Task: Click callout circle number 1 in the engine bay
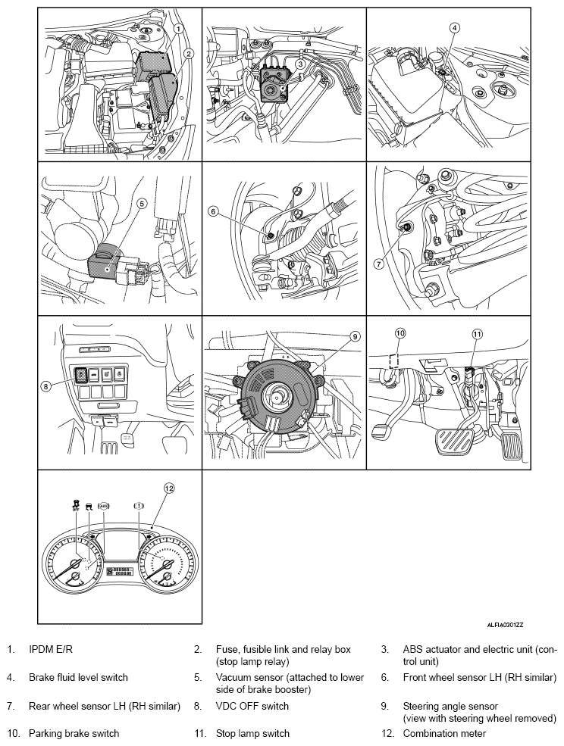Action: (177, 28)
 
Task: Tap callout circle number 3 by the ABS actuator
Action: (300, 64)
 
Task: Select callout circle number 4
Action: (454, 28)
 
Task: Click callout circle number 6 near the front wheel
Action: (215, 213)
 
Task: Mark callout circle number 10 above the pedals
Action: (401, 332)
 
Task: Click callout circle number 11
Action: (477, 333)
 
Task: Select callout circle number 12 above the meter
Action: (169, 488)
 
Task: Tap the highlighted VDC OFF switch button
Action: (80, 373)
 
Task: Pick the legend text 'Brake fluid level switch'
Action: (78, 677)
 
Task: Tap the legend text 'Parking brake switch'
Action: (74, 733)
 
